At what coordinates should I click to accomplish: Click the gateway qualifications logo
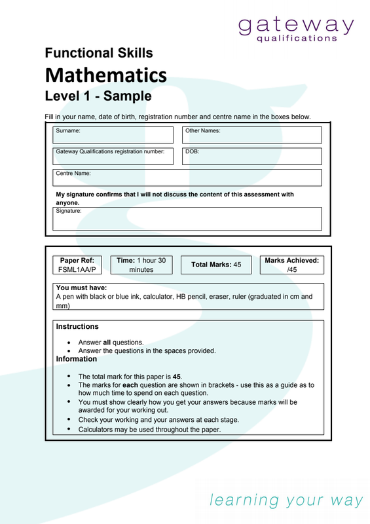[x=296, y=29]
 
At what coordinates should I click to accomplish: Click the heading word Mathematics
[x=105, y=75]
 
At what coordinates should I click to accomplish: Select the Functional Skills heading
[x=98, y=53]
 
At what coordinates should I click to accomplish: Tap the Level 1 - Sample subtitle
[x=98, y=96]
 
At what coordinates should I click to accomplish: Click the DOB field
[x=251, y=157]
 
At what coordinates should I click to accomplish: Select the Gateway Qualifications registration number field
[x=115, y=157]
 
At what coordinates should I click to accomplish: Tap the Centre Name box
[x=187, y=178]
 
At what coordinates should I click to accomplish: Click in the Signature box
[x=187, y=220]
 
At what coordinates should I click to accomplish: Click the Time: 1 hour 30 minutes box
[x=141, y=265]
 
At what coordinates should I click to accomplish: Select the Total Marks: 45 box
[x=216, y=265]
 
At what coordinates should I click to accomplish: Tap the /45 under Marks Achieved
[x=292, y=269]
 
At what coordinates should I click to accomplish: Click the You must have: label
[x=81, y=288]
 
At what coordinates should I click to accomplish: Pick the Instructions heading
[x=77, y=326]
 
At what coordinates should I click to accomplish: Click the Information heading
[x=76, y=359]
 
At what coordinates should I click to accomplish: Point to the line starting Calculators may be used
[x=149, y=430]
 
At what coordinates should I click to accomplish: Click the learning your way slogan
[x=286, y=500]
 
